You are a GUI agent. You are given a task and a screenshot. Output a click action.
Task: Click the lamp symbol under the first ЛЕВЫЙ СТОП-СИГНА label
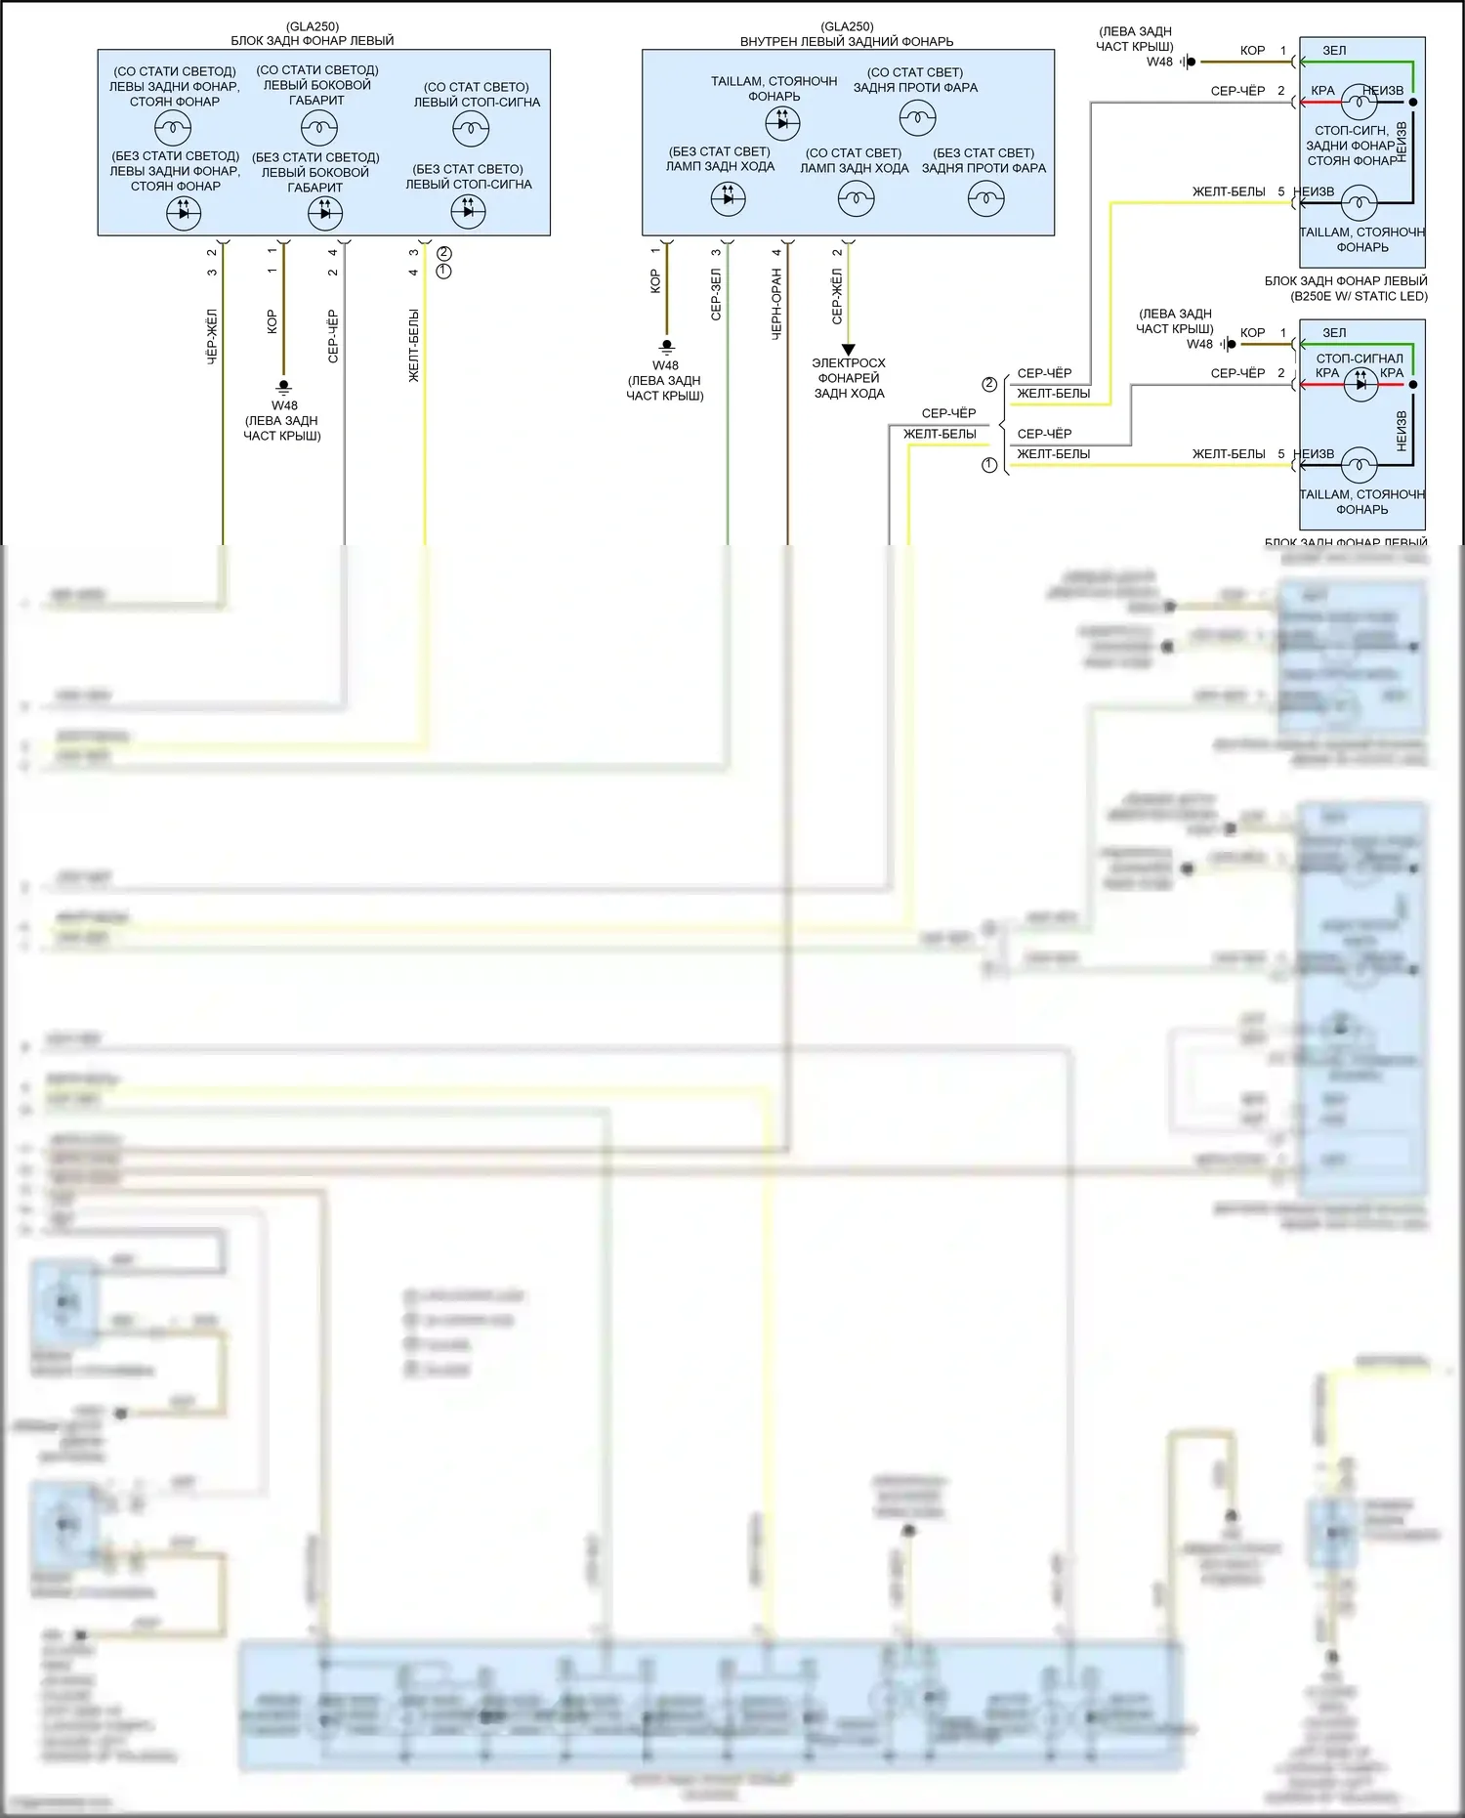tap(471, 128)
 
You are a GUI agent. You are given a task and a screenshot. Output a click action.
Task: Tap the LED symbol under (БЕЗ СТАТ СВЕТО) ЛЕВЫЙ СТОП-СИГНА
tap(468, 211)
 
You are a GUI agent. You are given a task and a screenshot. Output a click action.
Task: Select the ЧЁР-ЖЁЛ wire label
tap(212, 337)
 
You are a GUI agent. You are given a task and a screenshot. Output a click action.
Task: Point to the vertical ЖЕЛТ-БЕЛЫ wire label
tap(414, 345)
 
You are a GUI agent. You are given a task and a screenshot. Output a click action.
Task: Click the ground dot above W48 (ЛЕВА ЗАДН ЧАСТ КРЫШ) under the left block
tap(284, 387)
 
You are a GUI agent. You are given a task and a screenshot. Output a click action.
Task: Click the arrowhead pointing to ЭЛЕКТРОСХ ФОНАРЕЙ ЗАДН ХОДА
tap(848, 350)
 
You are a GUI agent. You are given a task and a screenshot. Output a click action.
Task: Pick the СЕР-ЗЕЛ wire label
tap(716, 295)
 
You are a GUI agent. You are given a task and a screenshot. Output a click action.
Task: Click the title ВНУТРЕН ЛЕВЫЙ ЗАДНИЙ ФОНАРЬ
tap(847, 41)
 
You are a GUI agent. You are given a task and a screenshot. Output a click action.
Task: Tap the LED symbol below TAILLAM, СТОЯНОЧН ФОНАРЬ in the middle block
tap(781, 122)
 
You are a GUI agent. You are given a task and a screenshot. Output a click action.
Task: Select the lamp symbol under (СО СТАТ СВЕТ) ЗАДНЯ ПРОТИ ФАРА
tap(916, 118)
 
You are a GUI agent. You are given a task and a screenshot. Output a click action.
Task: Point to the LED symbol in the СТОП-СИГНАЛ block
tap(1360, 384)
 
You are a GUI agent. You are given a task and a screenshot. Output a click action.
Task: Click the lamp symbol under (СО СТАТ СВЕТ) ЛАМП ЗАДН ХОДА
tap(856, 199)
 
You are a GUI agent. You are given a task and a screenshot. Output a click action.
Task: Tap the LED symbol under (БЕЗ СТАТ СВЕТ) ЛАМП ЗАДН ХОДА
tap(728, 199)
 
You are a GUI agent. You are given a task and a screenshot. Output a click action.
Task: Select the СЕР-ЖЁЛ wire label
tap(837, 297)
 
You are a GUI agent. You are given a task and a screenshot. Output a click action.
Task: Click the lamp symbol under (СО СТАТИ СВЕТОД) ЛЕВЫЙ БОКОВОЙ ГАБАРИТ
tap(318, 127)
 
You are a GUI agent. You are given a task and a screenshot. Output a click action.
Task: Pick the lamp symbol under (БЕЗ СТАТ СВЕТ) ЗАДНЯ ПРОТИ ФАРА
tap(985, 199)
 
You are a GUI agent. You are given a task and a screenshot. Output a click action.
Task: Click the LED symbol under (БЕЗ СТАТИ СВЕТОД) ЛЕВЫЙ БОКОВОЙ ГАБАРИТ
tap(325, 212)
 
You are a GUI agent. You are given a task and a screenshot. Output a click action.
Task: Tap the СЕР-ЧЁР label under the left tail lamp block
tap(333, 336)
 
